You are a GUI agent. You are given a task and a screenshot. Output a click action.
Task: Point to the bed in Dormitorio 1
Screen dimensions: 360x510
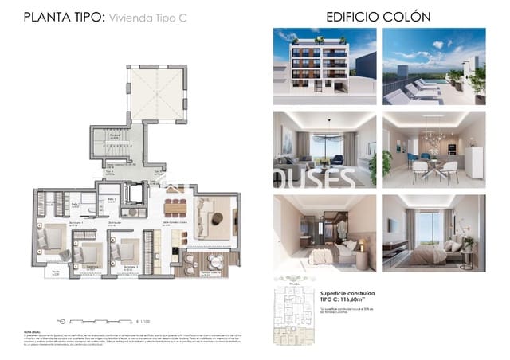[x=57, y=238]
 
